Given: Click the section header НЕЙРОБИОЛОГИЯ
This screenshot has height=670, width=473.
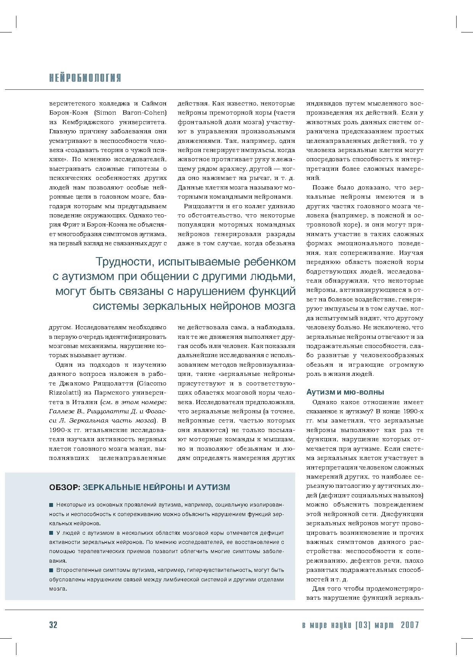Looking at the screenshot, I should (85, 78).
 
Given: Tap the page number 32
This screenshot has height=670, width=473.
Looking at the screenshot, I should (53, 625).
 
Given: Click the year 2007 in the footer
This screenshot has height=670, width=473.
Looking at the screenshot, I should (410, 625).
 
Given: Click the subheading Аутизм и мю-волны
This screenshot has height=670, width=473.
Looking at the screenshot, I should (345, 392).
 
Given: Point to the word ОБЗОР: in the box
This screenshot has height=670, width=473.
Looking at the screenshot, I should (64, 487).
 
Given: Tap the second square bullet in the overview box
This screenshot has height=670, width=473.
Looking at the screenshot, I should (51, 533).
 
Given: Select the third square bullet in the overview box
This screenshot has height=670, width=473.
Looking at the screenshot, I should (51, 570).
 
